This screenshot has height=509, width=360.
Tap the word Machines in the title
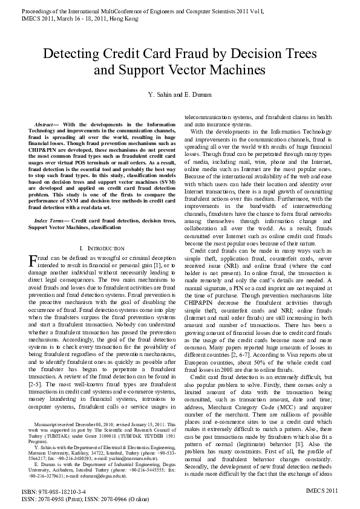tap(238, 70)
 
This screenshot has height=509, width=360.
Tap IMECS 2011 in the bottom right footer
tap(322, 492)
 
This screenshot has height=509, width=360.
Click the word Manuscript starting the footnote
tap(47, 408)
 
